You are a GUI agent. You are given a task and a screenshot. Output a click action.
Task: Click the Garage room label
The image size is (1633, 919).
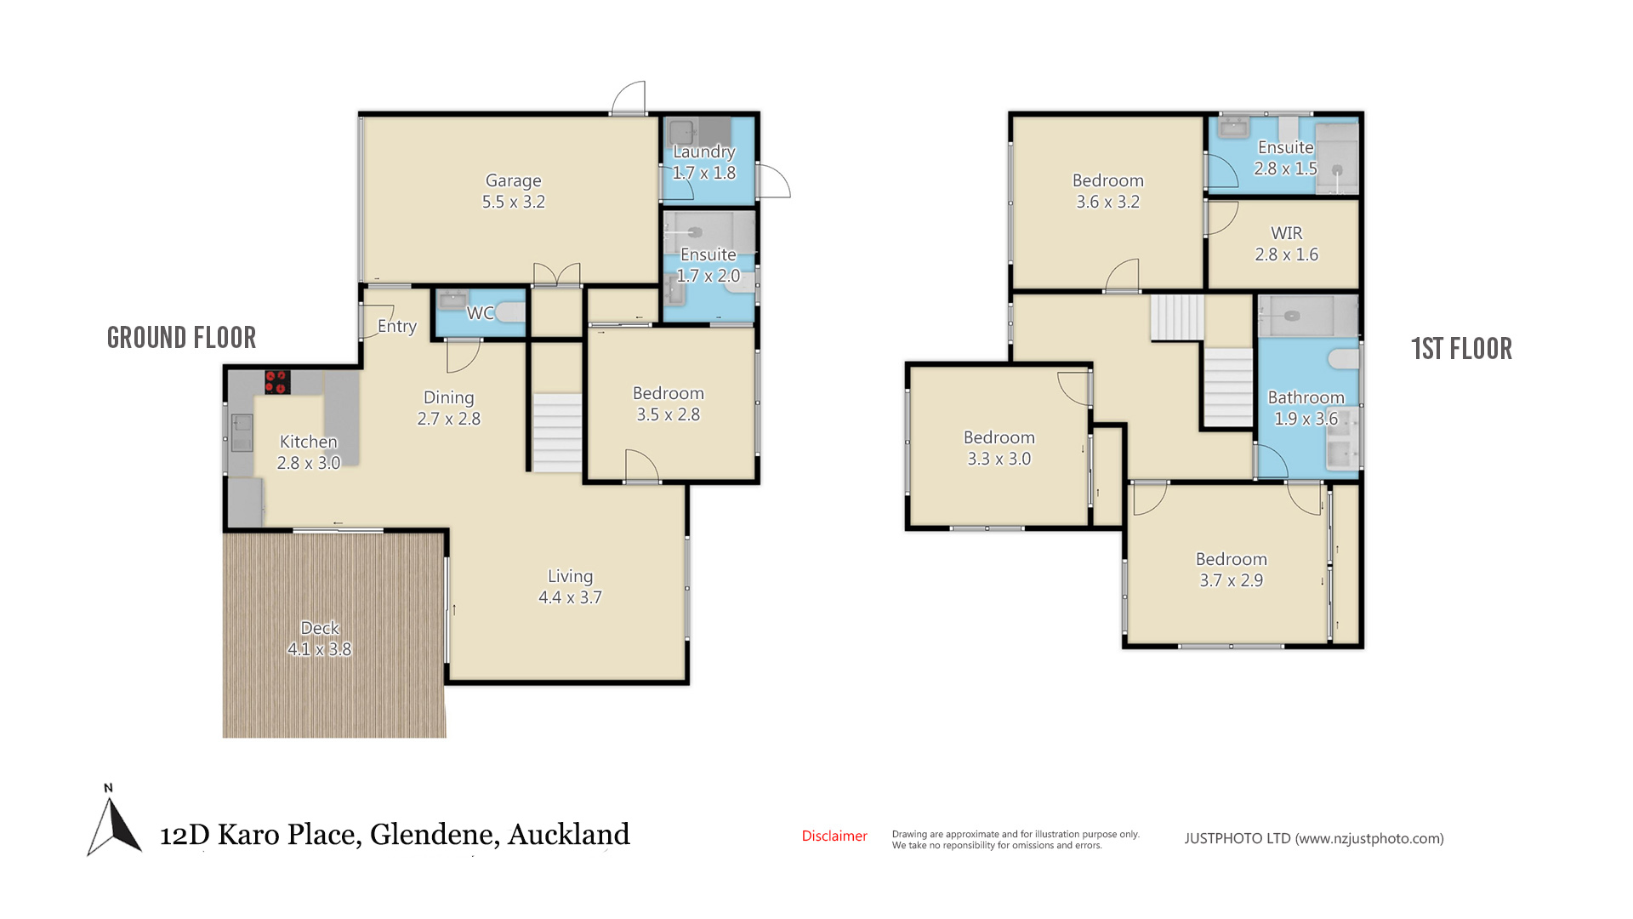coord(513,180)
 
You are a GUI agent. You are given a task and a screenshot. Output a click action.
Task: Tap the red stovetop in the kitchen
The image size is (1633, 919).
coord(277,381)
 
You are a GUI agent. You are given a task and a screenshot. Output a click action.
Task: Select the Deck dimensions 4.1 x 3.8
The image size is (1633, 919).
coord(319,649)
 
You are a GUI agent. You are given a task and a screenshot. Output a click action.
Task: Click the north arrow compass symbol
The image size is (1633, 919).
coord(113,820)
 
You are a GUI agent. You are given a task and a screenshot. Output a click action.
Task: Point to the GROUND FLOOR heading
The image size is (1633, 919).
coord(181,338)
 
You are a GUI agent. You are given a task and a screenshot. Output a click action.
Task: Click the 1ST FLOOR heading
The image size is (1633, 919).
coord(1461,349)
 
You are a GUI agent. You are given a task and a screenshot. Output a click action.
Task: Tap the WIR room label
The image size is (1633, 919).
coord(1287,233)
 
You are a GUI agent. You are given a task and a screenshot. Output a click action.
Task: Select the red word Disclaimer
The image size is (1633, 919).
coord(834,836)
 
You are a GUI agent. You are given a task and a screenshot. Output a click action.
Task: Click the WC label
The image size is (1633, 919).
coord(481,313)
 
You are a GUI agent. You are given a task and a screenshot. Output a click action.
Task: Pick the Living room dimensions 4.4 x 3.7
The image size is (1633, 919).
coord(570,597)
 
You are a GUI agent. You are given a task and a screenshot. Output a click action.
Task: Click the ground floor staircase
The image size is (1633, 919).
coord(557,432)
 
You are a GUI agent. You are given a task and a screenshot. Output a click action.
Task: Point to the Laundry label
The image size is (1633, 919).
coord(704,151)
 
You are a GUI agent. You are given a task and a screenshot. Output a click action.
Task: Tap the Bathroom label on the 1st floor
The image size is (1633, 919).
coord(1306,397)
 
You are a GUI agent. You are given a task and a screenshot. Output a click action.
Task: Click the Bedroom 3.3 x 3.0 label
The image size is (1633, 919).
coord(999,448)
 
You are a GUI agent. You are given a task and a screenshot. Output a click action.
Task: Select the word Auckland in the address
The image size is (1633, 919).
coord(569,834)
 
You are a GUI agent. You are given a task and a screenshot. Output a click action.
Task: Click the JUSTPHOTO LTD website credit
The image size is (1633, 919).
coord(1314,838)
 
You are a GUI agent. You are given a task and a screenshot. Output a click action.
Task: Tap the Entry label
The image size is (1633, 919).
coord(397,327)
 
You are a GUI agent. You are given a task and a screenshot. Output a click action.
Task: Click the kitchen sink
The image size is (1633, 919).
coord(242,432)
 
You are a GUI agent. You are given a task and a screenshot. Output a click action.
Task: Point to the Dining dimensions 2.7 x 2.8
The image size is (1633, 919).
coord(449,419)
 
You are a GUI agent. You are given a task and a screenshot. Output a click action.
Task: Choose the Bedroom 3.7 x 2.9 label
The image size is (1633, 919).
coord(1232,569)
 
